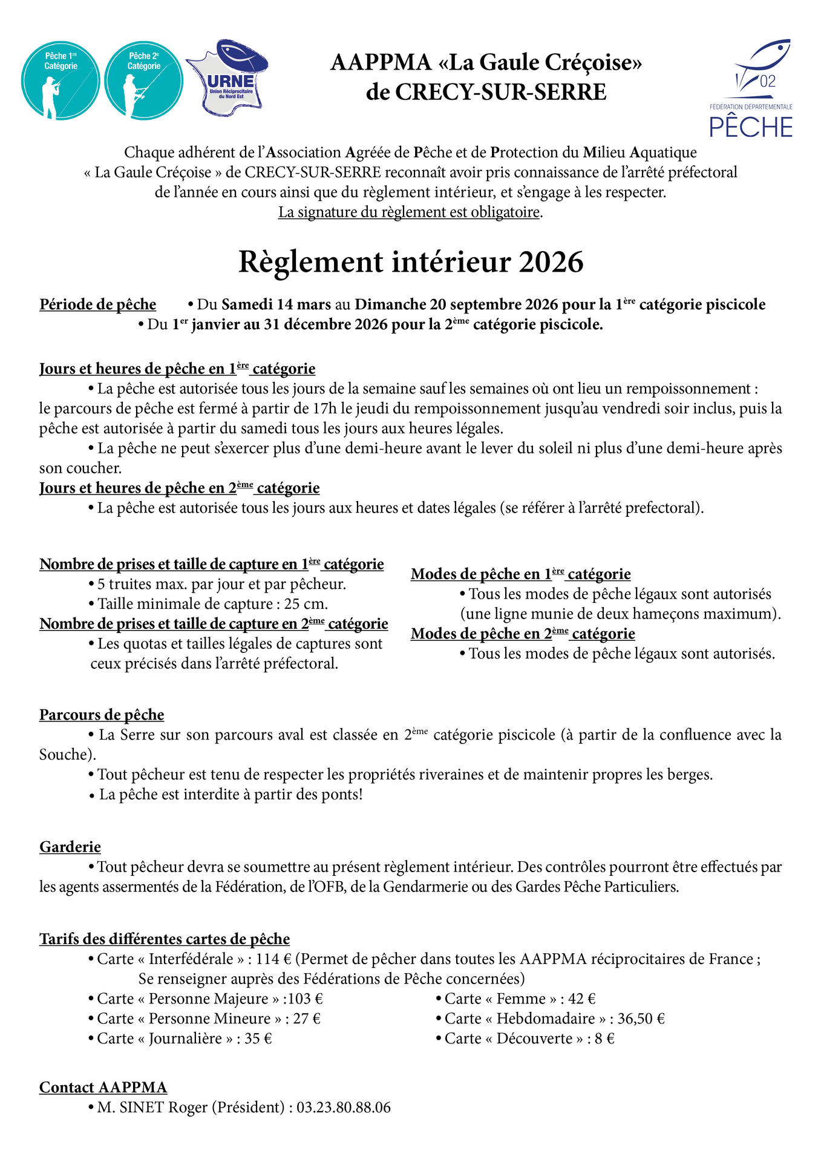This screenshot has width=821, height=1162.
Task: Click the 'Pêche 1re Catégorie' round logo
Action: pos(61,80)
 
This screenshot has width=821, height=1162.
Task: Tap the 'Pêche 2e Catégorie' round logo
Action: pos(143,80)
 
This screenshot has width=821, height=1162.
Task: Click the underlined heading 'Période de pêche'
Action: pos(98,304)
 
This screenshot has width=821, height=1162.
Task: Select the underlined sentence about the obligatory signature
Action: pos(409,212)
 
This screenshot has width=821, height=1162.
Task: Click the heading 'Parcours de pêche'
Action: pos(102,715)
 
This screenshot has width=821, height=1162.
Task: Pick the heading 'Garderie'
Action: pos(70,847)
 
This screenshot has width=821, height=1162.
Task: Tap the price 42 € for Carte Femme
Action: pos(582,999)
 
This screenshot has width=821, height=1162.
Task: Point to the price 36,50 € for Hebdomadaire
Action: pos(641,1019)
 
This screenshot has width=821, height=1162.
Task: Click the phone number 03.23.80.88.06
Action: pos(344,1108)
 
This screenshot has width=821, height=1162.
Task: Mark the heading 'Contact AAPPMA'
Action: pos(103,1088)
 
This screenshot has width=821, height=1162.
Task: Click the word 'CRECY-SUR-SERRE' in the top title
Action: pos(500,93)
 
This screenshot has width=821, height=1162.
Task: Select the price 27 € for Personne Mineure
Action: pos(307,1019)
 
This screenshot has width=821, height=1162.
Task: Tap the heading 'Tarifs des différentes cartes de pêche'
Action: pos(165,939)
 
